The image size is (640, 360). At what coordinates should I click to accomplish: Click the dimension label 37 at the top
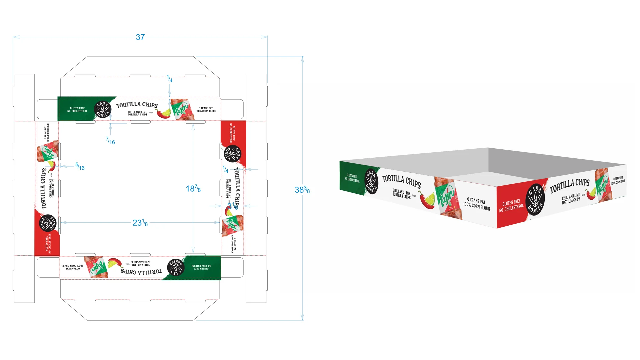coord(140,37)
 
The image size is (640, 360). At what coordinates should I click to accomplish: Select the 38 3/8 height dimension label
coord(302,190)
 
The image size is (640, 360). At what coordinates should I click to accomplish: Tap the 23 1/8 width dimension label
coord(140,223)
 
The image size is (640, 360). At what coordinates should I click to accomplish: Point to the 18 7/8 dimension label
coord(193,189)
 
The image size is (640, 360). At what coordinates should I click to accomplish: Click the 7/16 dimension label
coord(110,141)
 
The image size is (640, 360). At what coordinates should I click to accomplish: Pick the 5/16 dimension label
coord(80,166)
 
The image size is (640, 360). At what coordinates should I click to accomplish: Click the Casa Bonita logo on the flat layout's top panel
coord(102,109)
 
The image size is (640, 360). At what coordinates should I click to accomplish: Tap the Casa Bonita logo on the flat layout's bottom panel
coord(176,267)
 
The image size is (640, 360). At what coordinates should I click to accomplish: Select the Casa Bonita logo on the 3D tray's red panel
coord(535,200)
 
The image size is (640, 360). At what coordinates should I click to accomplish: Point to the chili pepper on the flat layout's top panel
coord(163,113)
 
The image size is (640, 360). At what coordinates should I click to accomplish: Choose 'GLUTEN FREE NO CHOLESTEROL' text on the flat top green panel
coord(77,110)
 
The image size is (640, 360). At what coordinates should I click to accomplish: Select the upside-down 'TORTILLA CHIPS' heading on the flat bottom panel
coord(141,272)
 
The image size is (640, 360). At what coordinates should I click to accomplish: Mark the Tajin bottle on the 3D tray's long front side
coord(448,198)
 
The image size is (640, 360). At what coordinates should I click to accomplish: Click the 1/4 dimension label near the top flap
coord(170,79)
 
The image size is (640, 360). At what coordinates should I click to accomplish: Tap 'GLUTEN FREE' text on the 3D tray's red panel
coord(511,202)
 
